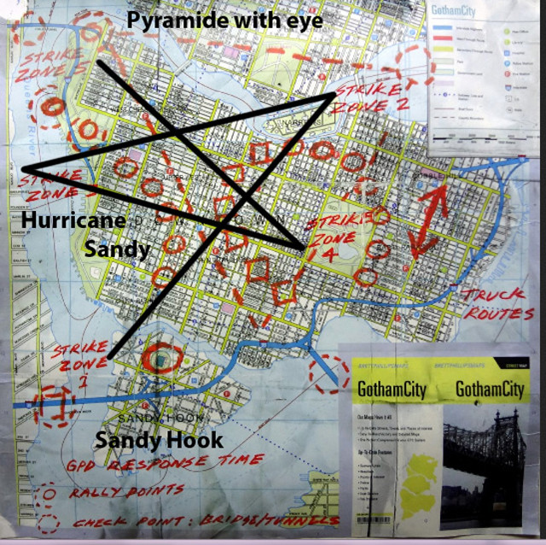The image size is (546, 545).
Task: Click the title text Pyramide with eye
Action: [225, 20]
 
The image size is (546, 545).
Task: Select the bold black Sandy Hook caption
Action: [159, 441]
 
